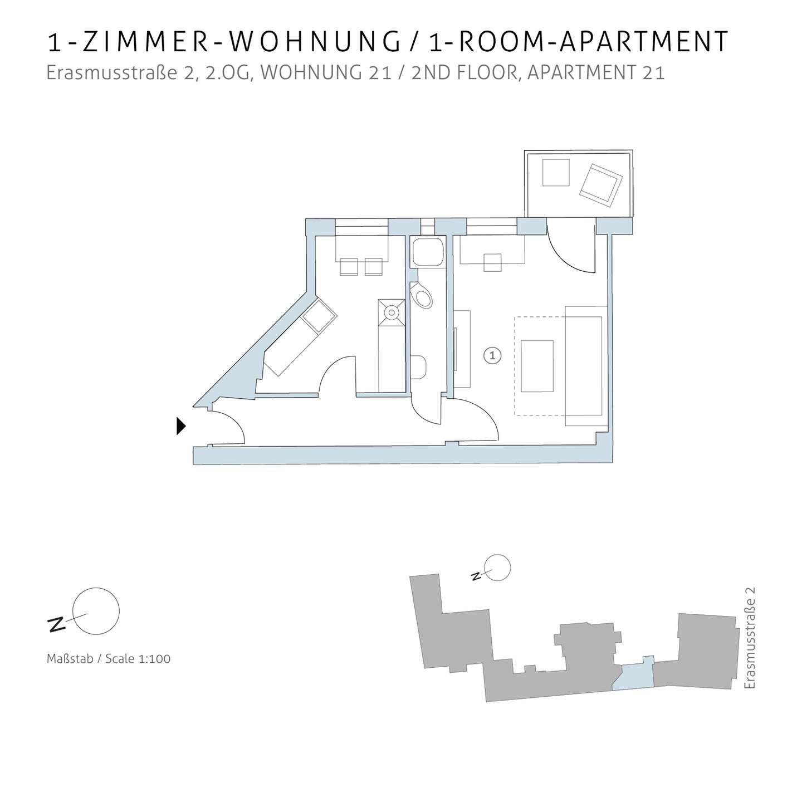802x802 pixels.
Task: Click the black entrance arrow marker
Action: pos(180,426)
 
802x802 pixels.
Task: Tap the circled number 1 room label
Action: pos(492,356)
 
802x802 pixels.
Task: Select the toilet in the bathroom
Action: pos(421,295)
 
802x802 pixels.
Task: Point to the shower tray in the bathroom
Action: pos(427,252)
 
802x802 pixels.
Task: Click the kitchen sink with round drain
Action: pos(392,312)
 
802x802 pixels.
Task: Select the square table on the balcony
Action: pos(556,172)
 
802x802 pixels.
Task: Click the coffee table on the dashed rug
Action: pos(537,366)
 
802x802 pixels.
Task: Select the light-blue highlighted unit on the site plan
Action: pos(633,679)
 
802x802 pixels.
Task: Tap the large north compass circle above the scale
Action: pos(96,611)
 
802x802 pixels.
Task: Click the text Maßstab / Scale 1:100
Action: pos(109,659)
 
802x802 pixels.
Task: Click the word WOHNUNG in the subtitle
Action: pos(326,73)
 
